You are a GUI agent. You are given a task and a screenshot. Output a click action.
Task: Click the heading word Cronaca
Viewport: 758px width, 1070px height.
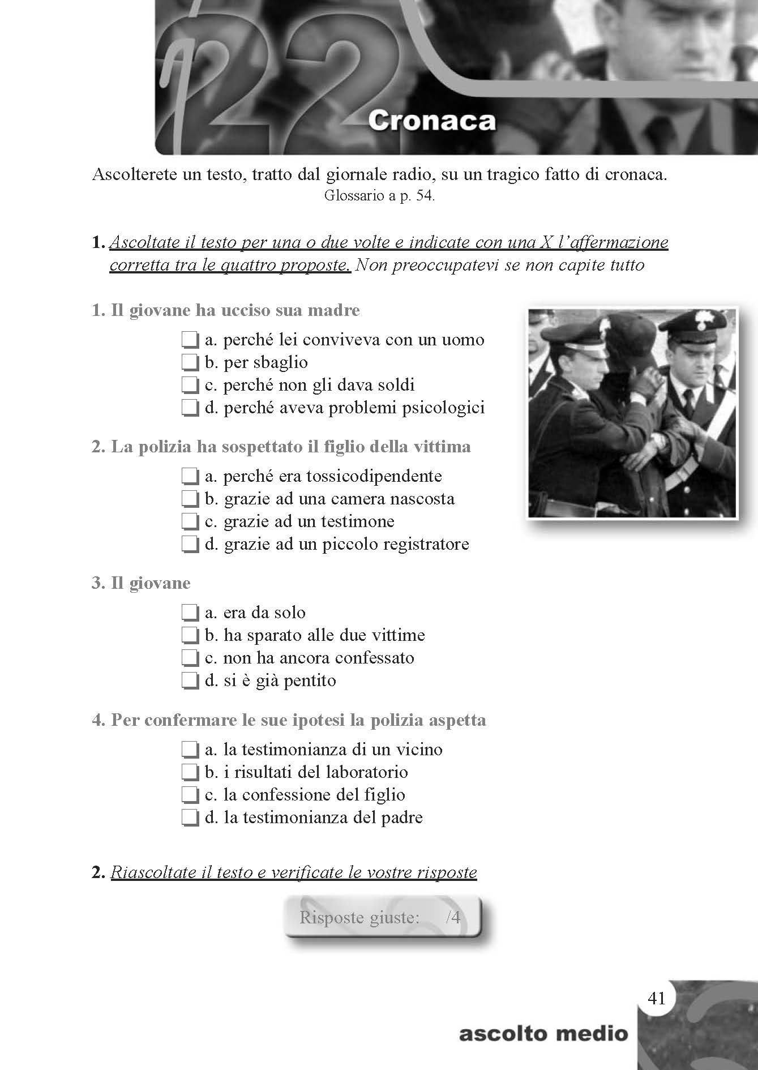point(431,121)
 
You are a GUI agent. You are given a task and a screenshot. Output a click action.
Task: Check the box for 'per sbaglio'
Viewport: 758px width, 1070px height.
point(190,362)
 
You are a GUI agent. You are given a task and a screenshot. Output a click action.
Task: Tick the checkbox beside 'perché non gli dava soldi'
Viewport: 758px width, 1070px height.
point(190,385)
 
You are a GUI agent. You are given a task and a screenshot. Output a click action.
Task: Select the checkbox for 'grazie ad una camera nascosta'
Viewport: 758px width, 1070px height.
point(190,499)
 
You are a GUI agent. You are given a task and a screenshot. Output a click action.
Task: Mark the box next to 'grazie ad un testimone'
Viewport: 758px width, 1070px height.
point(190,521)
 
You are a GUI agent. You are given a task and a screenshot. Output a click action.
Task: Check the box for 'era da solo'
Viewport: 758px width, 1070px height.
point(190,613)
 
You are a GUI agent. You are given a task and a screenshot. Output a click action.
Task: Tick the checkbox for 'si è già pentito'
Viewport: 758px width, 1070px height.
point(190,680)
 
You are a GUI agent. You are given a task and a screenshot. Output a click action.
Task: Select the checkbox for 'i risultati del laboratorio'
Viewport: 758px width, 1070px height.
point(190,772)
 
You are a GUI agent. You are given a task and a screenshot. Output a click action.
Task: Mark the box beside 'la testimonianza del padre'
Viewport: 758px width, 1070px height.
point(190,818)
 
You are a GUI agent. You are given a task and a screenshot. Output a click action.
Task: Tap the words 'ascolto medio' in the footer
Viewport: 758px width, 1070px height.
point(543,1034)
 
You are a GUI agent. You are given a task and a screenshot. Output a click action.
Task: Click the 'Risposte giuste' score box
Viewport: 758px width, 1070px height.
point(383,917)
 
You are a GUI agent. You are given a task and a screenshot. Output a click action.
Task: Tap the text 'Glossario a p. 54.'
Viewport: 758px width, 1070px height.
point(379,196)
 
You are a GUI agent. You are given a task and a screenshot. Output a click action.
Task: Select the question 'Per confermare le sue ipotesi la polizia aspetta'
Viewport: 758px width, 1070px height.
point(289,720)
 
